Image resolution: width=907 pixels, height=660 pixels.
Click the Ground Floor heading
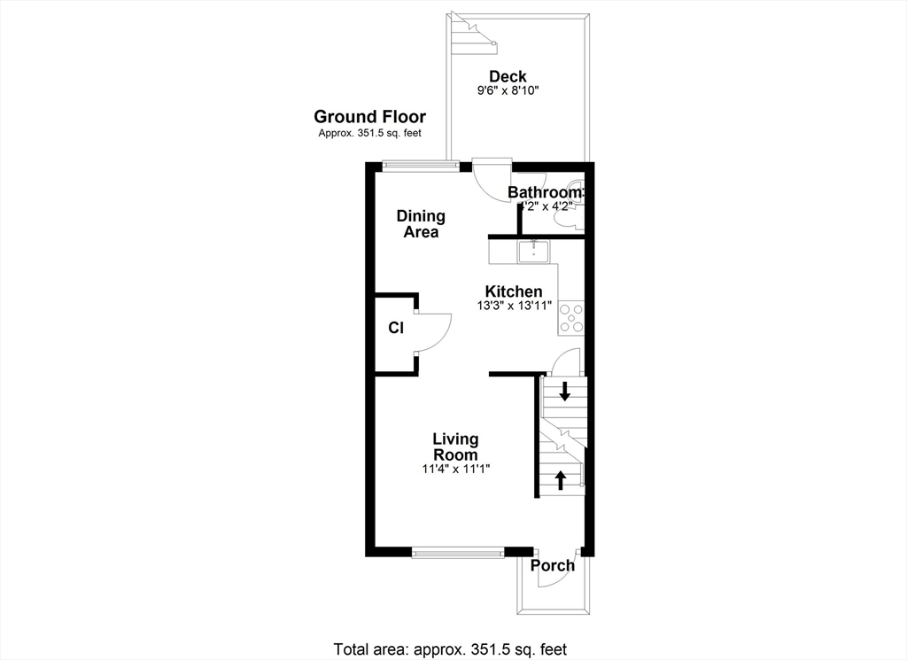(x=369, y=117)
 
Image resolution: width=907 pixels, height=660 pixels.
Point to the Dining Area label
(x=421, y=224)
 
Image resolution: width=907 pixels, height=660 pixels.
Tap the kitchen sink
(x=534, y=251)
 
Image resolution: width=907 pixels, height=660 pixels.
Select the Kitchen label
(x=514, y=291)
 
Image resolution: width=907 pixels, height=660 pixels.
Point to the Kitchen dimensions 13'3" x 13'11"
(x=514, y=306)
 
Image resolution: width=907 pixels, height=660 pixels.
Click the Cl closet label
(x=396, y=328)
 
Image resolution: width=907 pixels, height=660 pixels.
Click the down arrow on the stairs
(x=564, y=391)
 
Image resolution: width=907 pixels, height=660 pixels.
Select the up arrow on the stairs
(x=561, y=479)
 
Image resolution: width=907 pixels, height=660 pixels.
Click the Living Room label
(x=455, y=446)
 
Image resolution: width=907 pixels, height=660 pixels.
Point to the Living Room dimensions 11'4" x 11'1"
(x=455, y=470)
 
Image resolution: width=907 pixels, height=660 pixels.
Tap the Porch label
(x=553, y=566)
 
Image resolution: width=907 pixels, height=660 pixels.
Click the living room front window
(x=457, y=554)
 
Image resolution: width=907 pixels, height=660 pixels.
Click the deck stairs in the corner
(x=470, y=33)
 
